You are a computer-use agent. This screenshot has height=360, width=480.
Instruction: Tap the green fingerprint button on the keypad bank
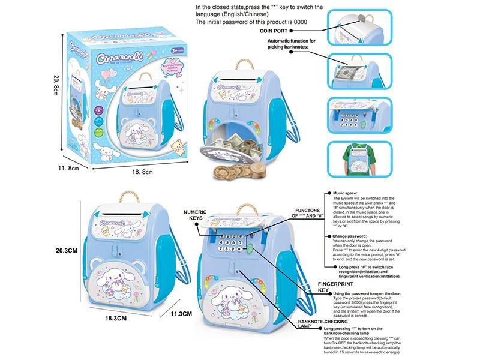245,244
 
